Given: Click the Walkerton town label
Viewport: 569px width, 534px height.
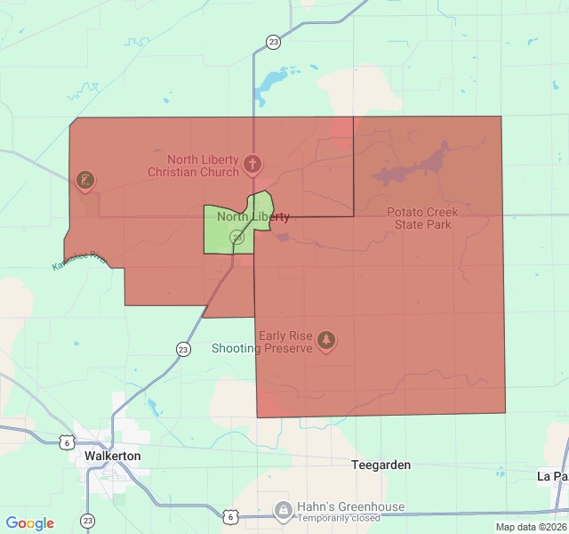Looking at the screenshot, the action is pos(113,455).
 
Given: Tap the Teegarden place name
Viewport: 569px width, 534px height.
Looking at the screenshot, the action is pos(381,465).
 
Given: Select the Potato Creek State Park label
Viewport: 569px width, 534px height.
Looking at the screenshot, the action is pos(422,218).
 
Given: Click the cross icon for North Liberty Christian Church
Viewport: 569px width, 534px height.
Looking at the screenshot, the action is pos(252,164).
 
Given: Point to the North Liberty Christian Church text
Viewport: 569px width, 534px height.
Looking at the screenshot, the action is pos(193,166).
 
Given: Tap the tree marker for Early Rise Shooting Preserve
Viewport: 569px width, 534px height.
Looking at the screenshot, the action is pos(327,340).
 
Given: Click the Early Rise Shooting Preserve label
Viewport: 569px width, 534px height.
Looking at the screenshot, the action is pos(262,342).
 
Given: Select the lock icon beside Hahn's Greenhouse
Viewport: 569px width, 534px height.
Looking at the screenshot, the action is pos(284,510).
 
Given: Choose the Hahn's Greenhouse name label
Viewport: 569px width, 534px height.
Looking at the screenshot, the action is pos(351,507).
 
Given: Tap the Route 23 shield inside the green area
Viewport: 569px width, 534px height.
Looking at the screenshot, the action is pos(236,238).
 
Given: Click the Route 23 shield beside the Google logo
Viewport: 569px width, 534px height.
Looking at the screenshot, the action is pos(87,521).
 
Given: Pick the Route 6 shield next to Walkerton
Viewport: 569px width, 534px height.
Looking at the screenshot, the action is pos(67,441).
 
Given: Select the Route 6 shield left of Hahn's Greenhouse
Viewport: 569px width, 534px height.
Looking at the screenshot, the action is pos(230,515).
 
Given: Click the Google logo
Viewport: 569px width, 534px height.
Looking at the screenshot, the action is pos(29,523).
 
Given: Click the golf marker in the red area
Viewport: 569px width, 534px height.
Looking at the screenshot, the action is pos(86,181).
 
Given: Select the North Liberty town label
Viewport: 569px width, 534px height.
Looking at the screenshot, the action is pos(253,217).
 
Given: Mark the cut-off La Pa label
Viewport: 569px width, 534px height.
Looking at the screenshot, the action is pos(552,476).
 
